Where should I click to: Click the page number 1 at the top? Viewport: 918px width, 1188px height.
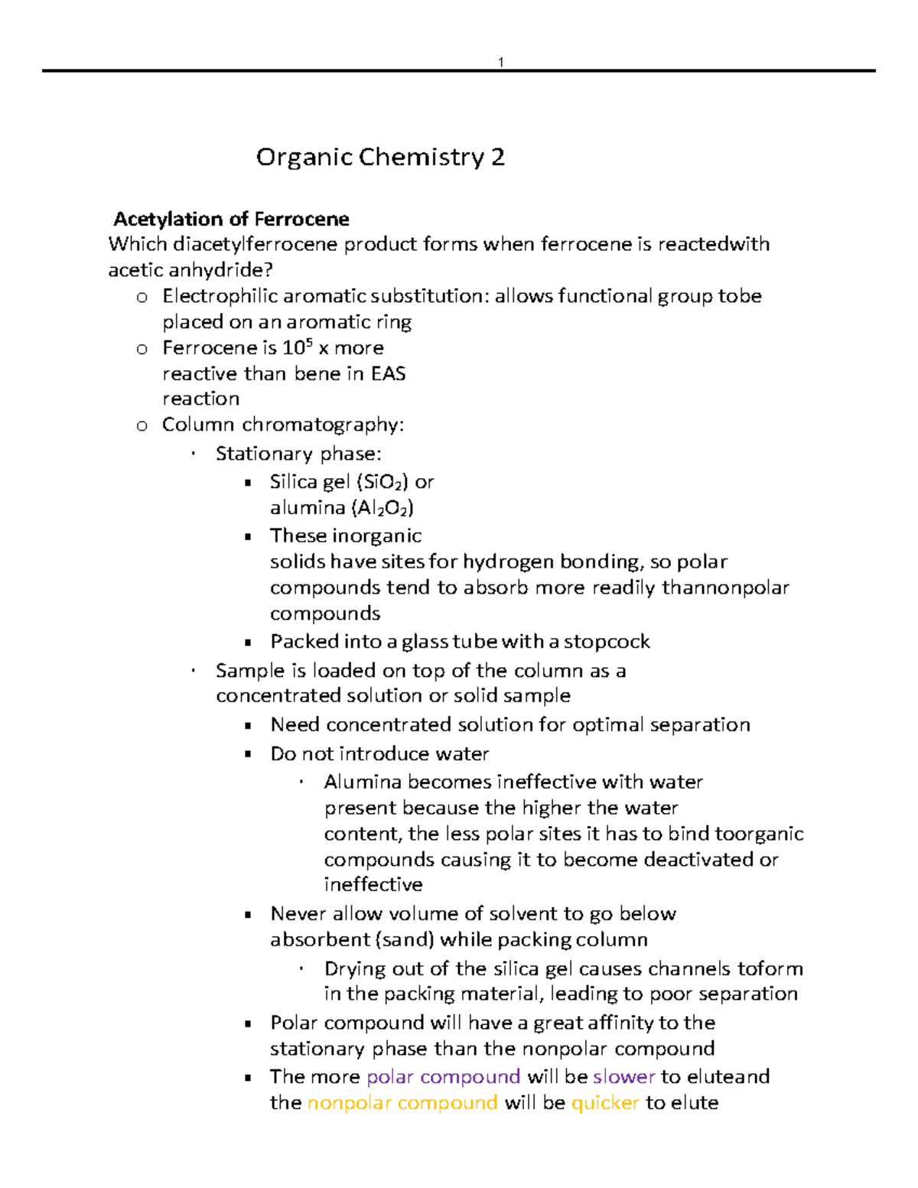point(500,62)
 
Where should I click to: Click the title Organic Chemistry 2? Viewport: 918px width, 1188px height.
point(380,157)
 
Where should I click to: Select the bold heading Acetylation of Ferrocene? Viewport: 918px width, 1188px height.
point(231,220)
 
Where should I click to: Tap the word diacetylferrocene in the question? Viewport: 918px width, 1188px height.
point(256,245)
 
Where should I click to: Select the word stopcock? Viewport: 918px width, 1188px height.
point(607,641)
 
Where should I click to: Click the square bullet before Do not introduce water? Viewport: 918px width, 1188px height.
point(248,754)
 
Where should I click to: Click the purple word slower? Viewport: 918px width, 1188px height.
point(623,1077)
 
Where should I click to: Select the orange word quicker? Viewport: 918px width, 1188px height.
point(604,1103)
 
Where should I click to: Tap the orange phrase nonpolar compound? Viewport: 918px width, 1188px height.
point(402,1103)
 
